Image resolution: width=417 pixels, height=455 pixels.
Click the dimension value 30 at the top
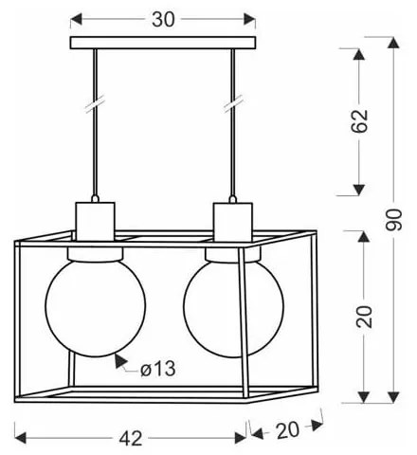[163, 19]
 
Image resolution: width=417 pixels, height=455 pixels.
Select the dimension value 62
[360, 120]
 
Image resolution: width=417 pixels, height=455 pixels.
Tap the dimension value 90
[394, 219]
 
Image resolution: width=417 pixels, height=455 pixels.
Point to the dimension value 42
[131, 438]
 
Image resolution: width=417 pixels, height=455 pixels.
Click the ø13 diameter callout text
[157, 369]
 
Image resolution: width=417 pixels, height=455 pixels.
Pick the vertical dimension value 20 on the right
[364, 317]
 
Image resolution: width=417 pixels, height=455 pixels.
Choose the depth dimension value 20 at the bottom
[287, 430]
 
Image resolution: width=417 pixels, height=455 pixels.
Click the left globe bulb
[96, 305]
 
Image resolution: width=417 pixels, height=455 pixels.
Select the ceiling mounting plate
[163, 43]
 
